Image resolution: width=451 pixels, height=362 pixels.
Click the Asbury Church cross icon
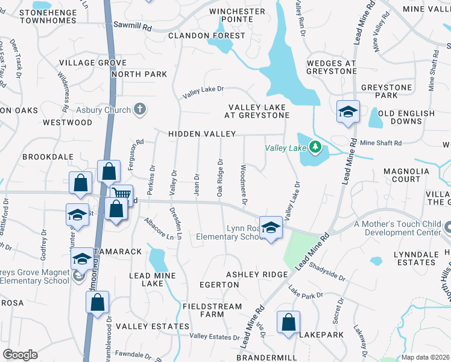[140, 109]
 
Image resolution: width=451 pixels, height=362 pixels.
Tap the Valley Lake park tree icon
[314, 147]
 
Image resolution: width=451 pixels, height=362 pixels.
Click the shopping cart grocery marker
[122, 194]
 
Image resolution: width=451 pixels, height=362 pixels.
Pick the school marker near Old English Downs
[348, 112]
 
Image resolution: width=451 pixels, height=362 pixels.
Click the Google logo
[20, 355]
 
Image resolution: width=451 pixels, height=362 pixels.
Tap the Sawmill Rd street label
[133, 26]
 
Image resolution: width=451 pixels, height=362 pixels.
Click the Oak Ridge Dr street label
[221, 177]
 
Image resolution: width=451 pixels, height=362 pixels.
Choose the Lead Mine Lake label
[146, 279]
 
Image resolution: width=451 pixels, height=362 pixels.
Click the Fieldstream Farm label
[212, 310]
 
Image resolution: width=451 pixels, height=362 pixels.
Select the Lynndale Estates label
[416, 258]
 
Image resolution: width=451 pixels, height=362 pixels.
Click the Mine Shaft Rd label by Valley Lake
[380, 143]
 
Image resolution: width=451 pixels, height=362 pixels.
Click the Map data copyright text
[425, 357]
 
